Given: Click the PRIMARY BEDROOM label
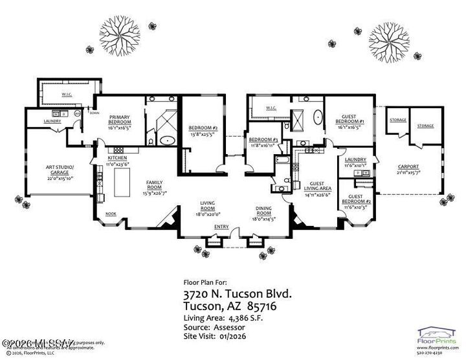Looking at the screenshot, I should click(x=120, y=120).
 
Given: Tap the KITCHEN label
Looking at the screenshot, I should click(x=117, y=158).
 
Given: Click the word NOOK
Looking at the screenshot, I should click(x=111, y=214).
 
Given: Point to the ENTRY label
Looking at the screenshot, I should click(x=221, y=227).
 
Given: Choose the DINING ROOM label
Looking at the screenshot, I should click(x=263, y=210).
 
